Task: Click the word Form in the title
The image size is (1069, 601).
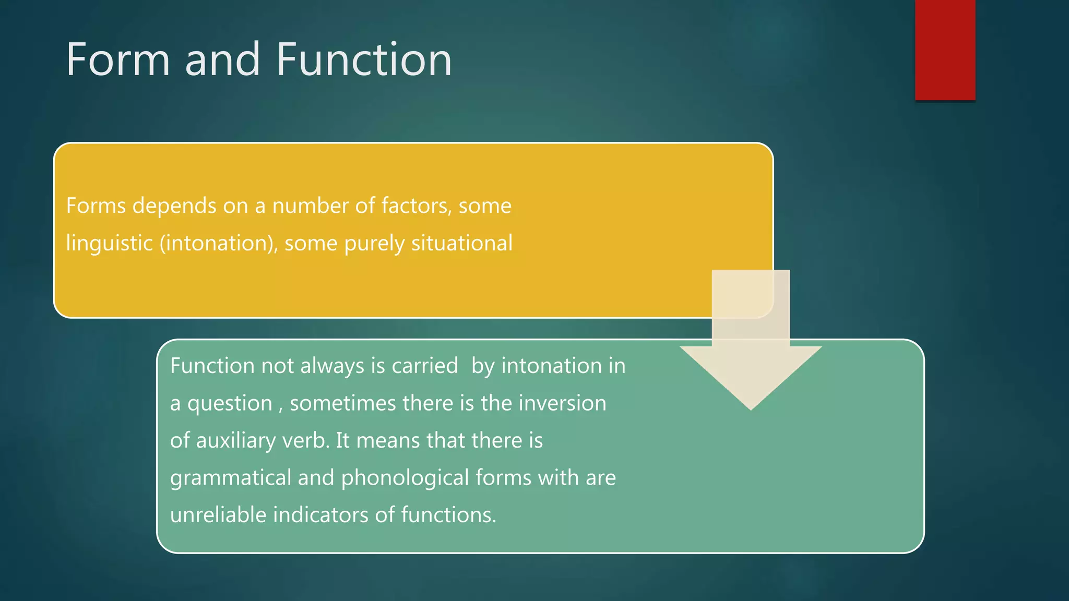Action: click(x=118, y=60)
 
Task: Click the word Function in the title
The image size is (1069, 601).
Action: click(x=364, y=60)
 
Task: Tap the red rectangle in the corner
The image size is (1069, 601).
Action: click(x=945, y=50)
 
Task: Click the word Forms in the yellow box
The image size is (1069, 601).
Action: click(x=96, y=206)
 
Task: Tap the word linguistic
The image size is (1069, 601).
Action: click(x=109, y=243)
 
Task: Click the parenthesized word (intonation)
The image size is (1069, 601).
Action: click(x=219, y=243)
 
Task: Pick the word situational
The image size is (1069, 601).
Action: click(x=461, y=243)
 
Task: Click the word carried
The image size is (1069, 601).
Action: click(x=424, y=366)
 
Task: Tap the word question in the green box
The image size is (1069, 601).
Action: click(x=230, y=404)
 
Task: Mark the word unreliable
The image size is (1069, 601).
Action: click(x=218, y=515)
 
